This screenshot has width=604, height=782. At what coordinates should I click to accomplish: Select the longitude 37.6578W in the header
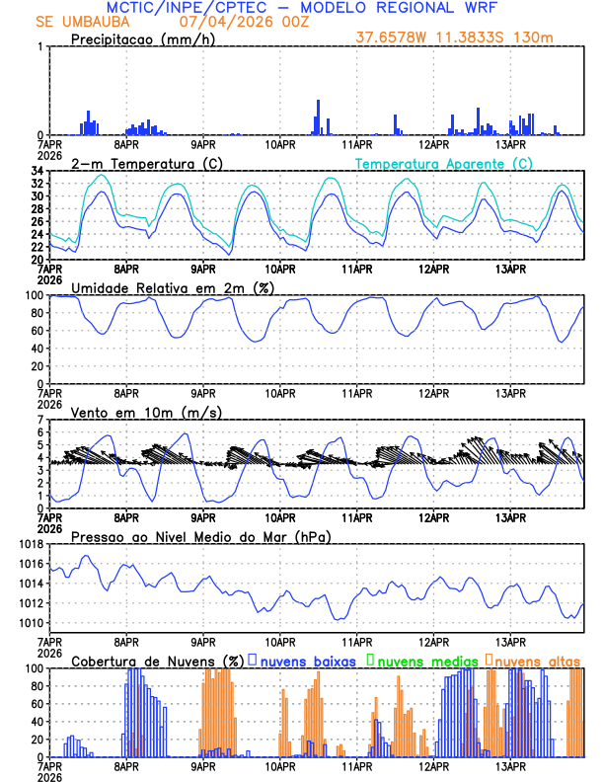pyautogui.click(x=391, y=39)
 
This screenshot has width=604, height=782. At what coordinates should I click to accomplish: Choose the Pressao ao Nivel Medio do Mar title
pyautogui.click(x=200, y=536)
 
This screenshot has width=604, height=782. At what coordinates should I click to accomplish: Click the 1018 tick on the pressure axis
pyautogui.click(x=31, y=545)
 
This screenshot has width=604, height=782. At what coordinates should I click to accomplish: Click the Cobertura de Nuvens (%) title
pyautogui.click(x=157, y=660)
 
